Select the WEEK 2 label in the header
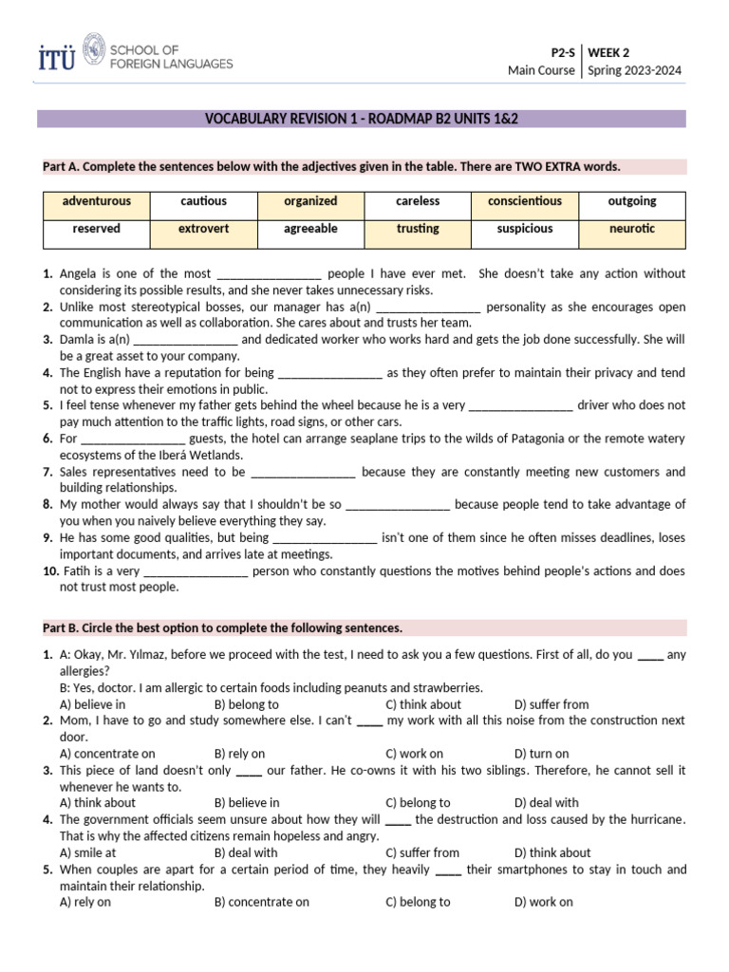tap(610, 52)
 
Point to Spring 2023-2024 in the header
tap(634, 70)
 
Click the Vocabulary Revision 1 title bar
tap(362, 119)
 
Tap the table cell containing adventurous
tap(96, 201)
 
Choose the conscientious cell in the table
tap(524, 201)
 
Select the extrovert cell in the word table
tap(203, 229)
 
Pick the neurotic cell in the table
tap(631, 229)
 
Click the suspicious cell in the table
tap(524, 229)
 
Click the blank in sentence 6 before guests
tap(133, 439)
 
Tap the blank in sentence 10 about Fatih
tap(196, 572)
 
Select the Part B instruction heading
tap(223, 628)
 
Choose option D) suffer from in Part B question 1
tap(551, 704)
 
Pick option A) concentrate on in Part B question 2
tap(107, 754)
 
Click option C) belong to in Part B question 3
tap(418, 803)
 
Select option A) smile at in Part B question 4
tap(88, 852)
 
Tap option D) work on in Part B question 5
tap(543, 902)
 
